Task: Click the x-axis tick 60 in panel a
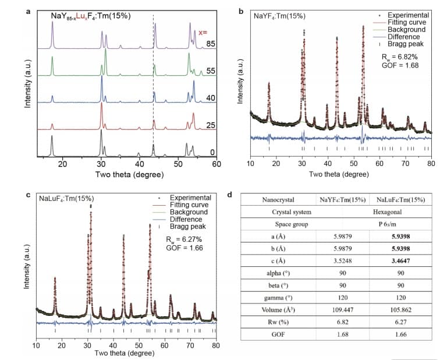217,164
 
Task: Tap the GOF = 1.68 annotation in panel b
399,65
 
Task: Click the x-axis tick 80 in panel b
431,164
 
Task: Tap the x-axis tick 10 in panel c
36,346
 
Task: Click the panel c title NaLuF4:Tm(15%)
66,198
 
